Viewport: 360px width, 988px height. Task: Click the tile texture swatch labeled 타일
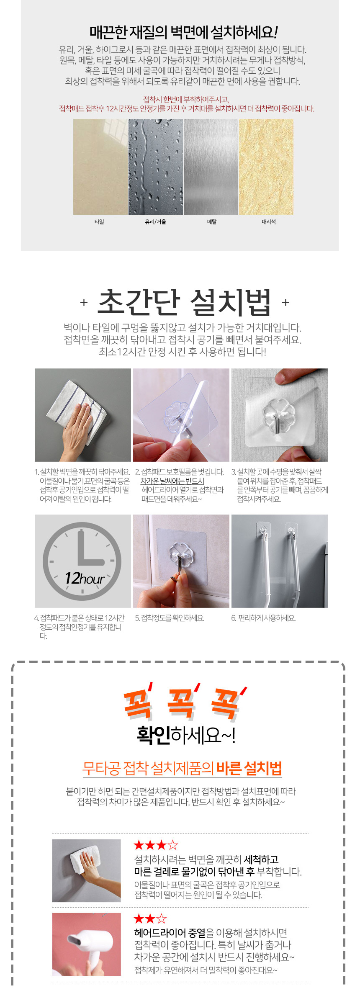[100, 167]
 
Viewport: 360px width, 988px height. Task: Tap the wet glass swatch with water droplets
[156, 167]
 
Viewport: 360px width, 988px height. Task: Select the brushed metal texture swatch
[211, 167]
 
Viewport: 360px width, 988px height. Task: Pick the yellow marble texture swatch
[266, 167]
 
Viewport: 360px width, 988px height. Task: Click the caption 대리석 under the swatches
[268, 222]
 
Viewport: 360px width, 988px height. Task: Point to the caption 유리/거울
[156, 222]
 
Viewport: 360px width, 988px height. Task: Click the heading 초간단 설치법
[184, 302]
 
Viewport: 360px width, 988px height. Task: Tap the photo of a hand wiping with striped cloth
[83, 415]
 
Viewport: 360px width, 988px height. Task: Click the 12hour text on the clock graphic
[85, 579]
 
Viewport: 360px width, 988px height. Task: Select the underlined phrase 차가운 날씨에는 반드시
[172, 481]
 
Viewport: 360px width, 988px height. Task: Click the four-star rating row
[156, 845]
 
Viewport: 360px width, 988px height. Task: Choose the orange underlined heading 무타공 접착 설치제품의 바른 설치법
[182, 768]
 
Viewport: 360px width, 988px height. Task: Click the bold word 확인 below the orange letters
[153, 735]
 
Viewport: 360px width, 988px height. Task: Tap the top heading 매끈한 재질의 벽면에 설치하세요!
[183, 32]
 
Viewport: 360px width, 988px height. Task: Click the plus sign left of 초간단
[84, 302]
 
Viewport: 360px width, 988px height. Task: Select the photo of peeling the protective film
[181, 415]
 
